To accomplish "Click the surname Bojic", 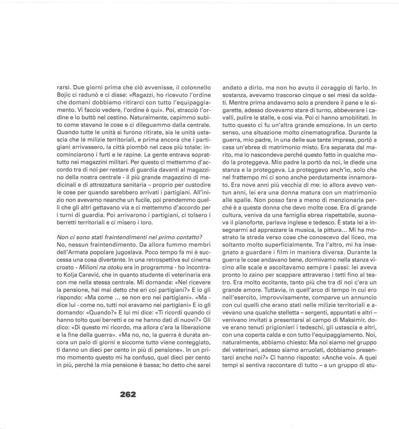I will tap(66, 94).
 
